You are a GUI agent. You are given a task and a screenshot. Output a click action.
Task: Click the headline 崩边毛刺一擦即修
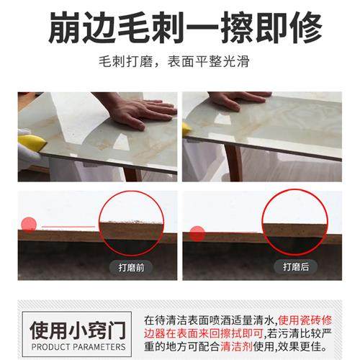click(x=180, y=28)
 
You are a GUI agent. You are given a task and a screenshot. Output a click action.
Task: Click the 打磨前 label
click(x=131, y=266)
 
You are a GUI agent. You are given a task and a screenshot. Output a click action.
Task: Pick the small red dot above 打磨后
click(x=197, y=233)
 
